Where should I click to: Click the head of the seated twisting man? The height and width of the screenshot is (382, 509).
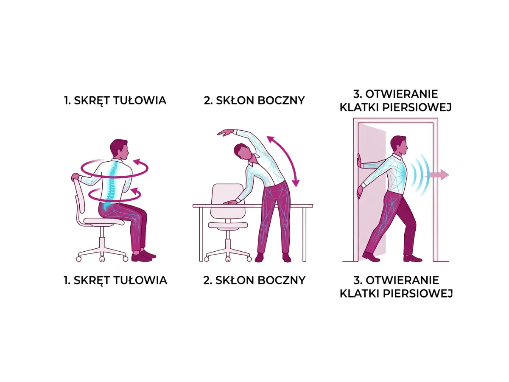pyautogui.click(x=118, y=149)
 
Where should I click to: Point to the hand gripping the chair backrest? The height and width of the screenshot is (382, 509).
pyautogui.click(x=76, y=177)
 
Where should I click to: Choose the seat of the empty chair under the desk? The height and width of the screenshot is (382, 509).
pyautogui.click(x=227, y=225)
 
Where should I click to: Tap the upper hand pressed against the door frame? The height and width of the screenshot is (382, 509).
pyautogui.click(x=359, y=162)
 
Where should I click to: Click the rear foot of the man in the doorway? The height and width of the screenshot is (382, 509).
pyautogui.click(x=370, y=257)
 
